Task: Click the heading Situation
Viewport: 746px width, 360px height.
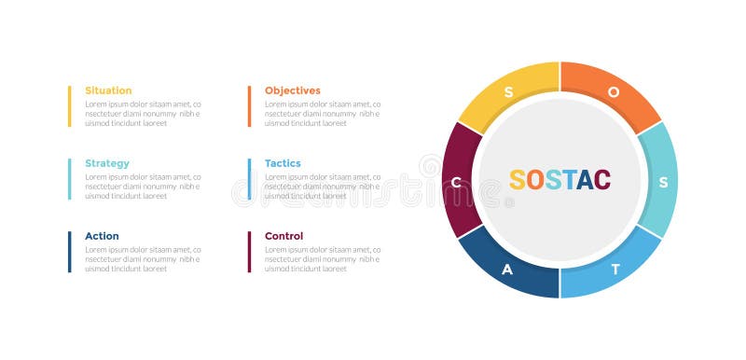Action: coord(108,90)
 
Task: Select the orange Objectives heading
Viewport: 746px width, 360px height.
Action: coord(292,90)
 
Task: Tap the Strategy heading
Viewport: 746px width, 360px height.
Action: coord(107,163)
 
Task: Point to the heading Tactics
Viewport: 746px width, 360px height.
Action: coord(283,163)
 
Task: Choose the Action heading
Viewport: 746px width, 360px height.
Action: coord(102,236)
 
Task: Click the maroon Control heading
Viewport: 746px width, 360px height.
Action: coord(283,236)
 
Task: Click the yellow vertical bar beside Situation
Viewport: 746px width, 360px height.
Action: coord(69,106)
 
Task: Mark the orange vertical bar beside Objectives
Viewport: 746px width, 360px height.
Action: coord(249,106)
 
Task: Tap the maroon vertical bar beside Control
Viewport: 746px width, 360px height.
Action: coord(249,252)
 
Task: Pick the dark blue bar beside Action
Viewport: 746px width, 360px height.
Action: coord(69,252)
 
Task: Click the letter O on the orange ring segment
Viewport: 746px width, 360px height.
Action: coord(613,91)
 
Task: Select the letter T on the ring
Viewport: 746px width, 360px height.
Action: coord(615,270)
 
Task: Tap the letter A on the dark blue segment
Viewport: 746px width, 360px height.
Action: coord(507,270)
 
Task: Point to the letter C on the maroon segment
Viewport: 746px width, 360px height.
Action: coord(456,181)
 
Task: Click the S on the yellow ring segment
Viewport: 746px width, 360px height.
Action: coord(508,91)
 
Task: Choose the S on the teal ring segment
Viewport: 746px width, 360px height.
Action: coord(663,182)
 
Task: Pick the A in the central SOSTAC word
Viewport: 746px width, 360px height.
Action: coord(585,180)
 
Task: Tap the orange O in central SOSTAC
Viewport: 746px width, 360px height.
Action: coord(534,180)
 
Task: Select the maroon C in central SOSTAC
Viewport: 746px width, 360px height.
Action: coord(602,180)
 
